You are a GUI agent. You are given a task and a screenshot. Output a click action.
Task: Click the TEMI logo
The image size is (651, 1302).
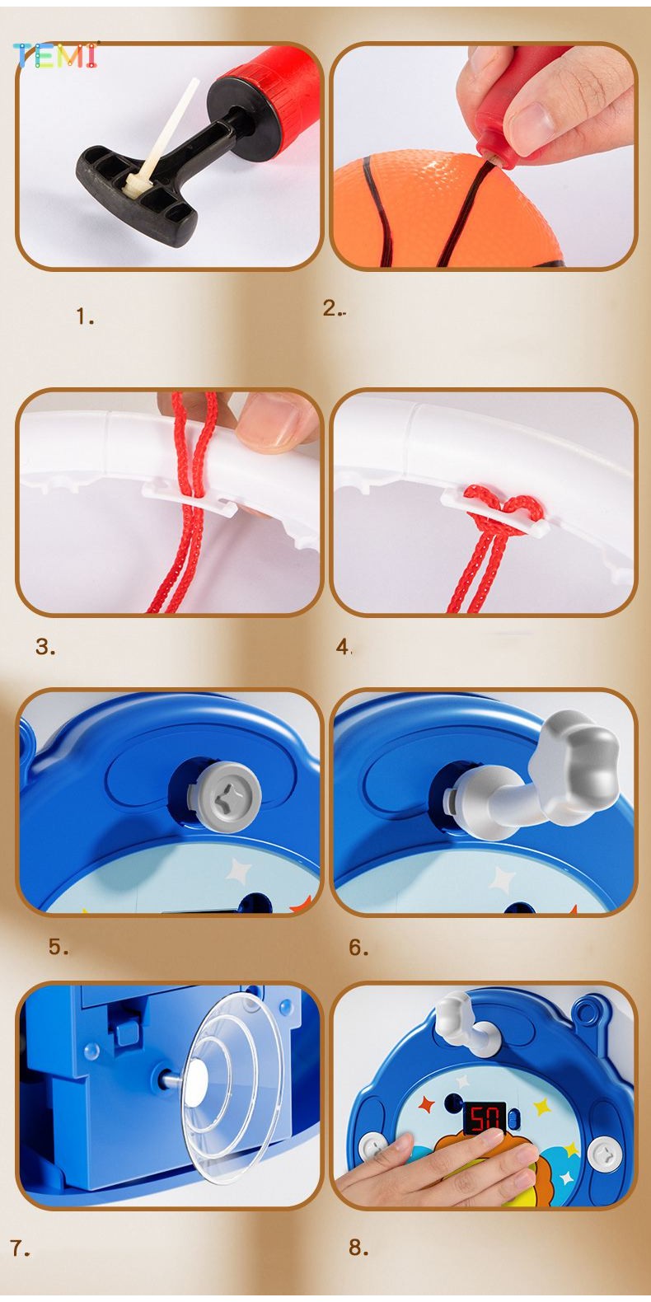[56, 55]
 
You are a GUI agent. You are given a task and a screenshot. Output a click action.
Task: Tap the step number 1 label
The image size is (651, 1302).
[85, 316]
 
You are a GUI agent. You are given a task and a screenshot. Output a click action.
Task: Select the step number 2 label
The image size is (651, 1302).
[334, 308]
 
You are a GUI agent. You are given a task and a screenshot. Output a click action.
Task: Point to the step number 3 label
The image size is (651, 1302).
[45, 647]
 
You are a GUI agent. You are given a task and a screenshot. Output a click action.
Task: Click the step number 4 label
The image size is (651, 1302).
[344, 647]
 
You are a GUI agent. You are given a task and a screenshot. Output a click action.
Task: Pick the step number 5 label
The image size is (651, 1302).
[59, 947]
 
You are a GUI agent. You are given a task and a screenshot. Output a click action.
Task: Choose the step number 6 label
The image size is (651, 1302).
[358, 948]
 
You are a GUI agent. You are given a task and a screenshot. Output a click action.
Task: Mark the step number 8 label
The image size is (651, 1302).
[358, 1248]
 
